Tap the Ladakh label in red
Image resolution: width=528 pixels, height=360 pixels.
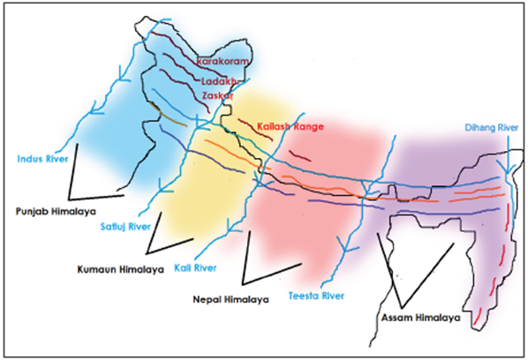click(221, 81)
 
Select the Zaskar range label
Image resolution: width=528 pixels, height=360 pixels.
click(221, 95)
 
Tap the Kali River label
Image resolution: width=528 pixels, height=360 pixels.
click(195, 267)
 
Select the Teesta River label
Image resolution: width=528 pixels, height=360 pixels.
click(316, 296)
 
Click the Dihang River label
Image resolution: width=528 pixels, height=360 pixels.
click(491, 128)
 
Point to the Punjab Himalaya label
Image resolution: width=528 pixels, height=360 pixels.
click(55, 213)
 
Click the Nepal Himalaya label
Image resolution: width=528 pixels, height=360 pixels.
click(230, 300)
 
